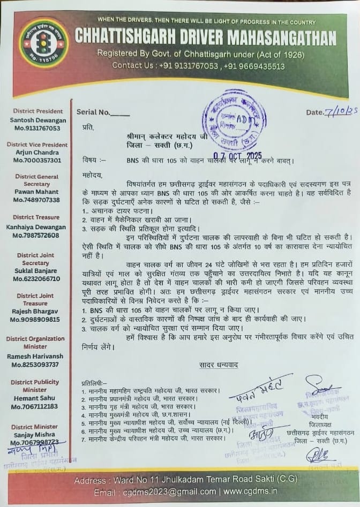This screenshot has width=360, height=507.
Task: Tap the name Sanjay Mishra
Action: pyautogui.click(x=35, y=435)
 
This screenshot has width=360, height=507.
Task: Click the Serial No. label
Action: pyautogui.click(x=93, y=112)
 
